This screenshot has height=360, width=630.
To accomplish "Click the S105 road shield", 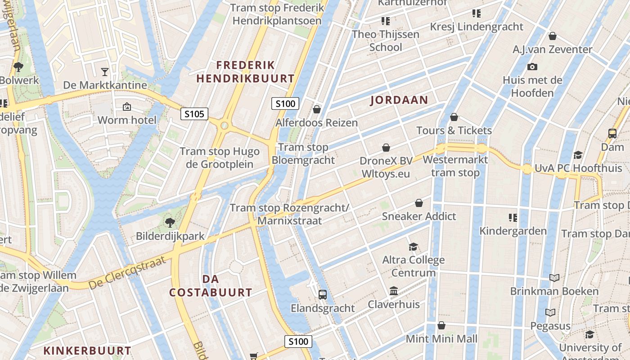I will [194, 114].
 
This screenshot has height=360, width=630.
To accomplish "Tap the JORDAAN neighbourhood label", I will [399, 100].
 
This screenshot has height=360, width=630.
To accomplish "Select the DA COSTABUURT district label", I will [211, 286].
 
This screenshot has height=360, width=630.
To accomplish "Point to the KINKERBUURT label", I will [87, 351].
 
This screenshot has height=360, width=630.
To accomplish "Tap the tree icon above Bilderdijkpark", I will [170, 222].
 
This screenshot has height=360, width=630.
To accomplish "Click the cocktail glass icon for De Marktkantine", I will [105, 72].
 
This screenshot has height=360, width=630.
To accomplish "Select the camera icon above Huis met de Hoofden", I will [532, 67].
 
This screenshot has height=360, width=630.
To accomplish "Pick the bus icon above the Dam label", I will [612, 133].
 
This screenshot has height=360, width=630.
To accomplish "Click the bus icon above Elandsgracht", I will [323, 295].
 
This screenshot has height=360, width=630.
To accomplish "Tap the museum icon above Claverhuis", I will [394, 291].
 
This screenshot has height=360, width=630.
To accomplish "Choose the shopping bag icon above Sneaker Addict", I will [419, 203].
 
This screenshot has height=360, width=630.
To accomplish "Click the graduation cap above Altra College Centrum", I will [413, 246].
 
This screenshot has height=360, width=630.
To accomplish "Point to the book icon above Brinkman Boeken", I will [554, 278].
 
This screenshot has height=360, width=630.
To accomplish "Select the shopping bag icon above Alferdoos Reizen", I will [317, 109].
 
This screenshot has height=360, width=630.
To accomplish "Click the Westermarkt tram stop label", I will [455, 166].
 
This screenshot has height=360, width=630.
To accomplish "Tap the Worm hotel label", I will [127, 120].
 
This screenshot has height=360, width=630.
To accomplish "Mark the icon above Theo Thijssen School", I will [385, 21].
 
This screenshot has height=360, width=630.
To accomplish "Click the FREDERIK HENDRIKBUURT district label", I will [245, 72].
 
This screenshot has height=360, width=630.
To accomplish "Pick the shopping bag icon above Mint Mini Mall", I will [441, 325].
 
